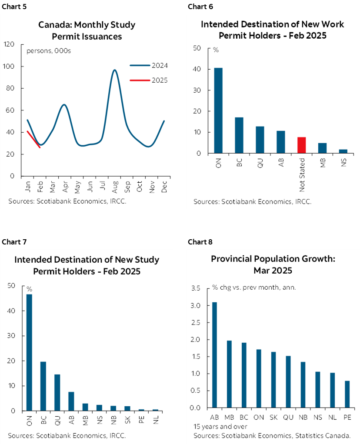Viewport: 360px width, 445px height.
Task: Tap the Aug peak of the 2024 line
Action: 114,70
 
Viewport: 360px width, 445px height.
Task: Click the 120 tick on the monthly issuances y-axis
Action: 9,44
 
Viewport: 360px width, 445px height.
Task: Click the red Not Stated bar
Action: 302,145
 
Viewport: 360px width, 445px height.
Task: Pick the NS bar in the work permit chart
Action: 343,151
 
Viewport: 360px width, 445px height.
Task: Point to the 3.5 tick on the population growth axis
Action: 196,288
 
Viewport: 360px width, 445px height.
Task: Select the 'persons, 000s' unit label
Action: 49,51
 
